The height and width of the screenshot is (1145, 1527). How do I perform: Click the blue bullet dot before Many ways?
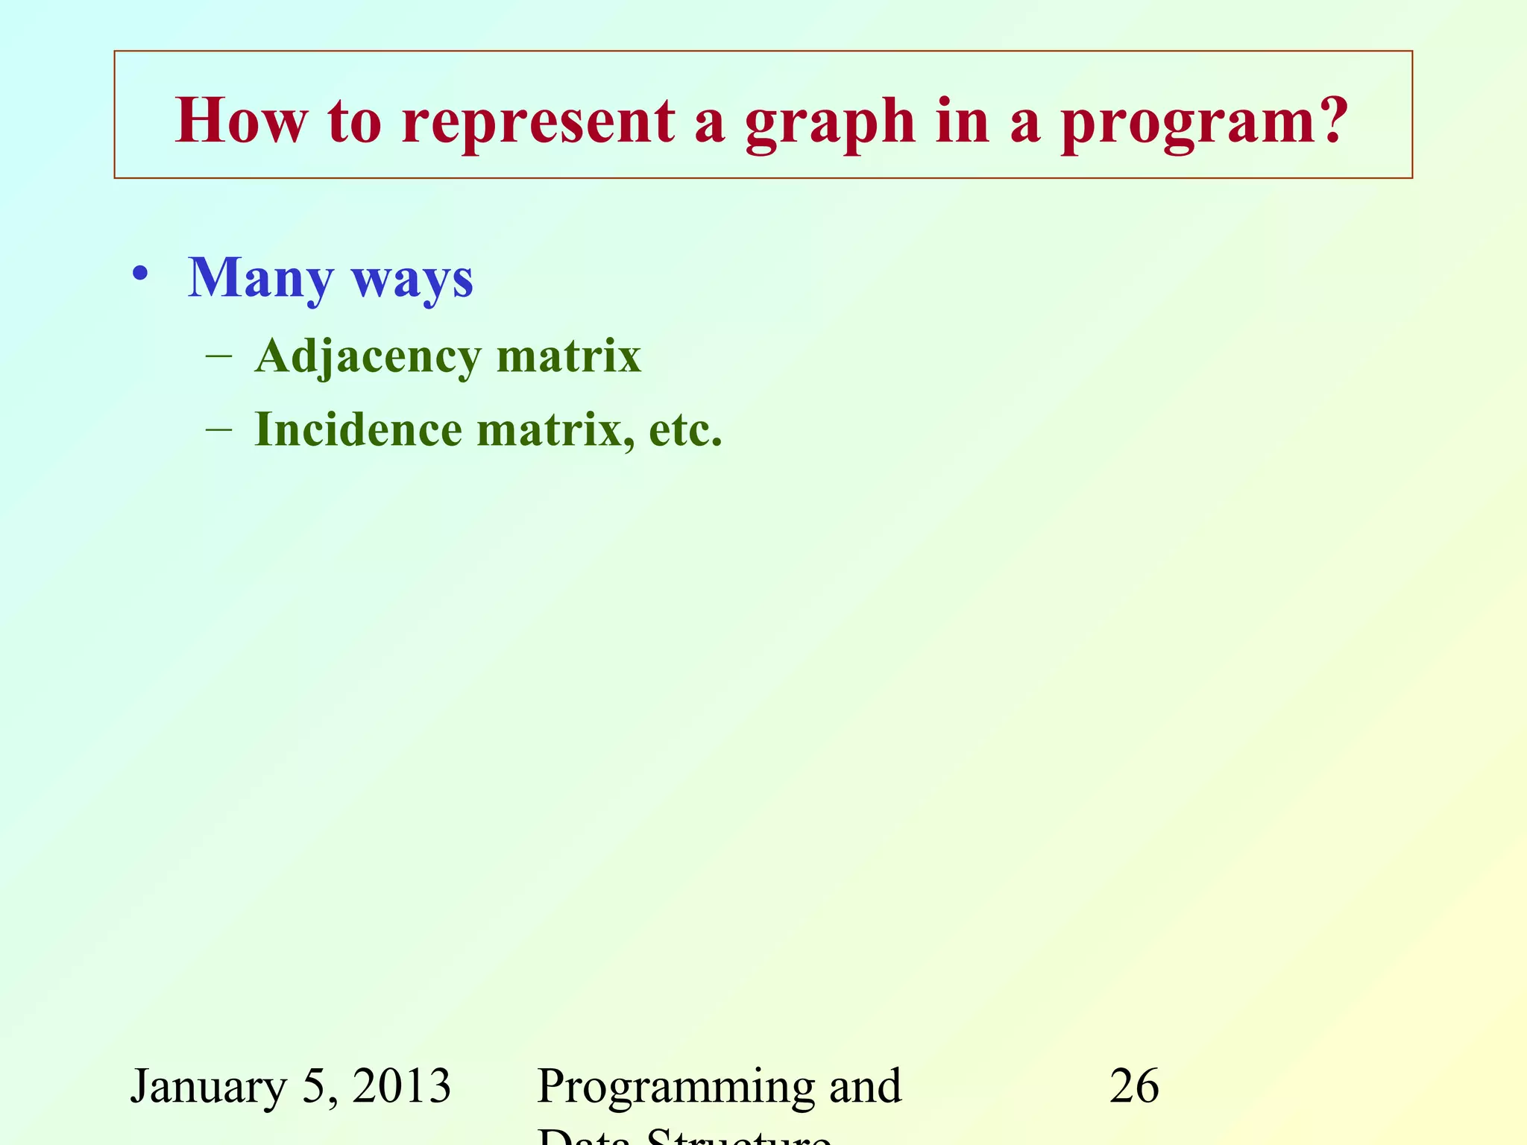(139, 274)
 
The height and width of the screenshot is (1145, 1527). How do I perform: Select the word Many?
(260, 279)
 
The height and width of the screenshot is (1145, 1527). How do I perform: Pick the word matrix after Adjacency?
(568, 356)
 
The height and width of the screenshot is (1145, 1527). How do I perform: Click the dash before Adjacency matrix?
(218, 356)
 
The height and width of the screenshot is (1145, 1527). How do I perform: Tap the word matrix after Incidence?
(555, 431)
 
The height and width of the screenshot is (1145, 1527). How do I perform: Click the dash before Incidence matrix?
(218, 430)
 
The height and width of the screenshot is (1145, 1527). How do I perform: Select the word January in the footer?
(208, 1087)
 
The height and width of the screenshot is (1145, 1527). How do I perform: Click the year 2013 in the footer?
(402, 1085)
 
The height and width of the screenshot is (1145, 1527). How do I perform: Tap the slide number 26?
(1134, 1085)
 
